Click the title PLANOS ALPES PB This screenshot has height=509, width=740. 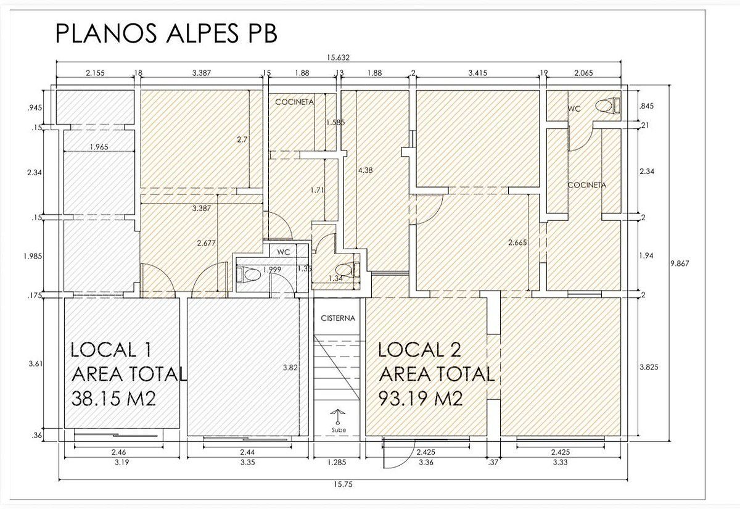(166, 33)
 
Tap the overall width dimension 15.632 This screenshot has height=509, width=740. (339, 57)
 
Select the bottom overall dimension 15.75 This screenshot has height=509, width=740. (343, 484)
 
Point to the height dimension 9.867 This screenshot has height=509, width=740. (680, 263)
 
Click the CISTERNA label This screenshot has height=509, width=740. (338, 318)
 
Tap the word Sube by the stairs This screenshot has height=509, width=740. (339, 429)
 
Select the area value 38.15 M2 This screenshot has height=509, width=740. (113, 399)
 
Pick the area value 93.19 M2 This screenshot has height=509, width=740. (420, 399)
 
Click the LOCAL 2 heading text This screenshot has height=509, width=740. (419, 350)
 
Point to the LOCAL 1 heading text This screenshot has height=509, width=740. (112, 350)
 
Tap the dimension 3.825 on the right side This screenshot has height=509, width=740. (649, 367)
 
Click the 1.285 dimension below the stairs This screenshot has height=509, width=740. (337, 462)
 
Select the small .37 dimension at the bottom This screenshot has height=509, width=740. (493, 462)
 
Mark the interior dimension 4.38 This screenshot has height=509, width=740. (365, 170)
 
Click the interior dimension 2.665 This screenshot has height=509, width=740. (517, 242)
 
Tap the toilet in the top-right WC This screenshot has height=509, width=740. (608, 106)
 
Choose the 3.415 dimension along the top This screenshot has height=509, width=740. (477, 73)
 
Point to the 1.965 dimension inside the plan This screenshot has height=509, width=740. (99, 147)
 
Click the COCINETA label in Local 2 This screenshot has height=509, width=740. (586, 185)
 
